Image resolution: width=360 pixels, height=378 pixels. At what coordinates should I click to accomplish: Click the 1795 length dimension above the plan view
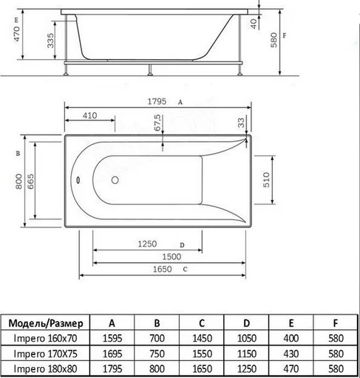pos(157,101)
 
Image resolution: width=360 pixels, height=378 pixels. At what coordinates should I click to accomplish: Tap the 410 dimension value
pos(89,115)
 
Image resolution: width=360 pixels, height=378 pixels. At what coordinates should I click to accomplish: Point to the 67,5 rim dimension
pos(157,123)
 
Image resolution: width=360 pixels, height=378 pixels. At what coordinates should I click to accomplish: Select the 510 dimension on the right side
pos(266,179)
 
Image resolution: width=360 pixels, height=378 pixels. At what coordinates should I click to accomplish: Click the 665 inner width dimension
pos(30,181)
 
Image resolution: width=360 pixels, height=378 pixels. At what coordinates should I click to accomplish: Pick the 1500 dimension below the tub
pos(171,257)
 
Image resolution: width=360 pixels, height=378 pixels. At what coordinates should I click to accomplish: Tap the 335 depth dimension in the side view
pos(50,41)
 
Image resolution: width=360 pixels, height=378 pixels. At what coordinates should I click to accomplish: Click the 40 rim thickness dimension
pos(254,24)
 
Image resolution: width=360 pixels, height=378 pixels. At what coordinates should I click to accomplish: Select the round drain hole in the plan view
pos(115,180)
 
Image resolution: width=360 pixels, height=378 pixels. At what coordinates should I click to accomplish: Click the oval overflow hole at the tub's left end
pos(78,180)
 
